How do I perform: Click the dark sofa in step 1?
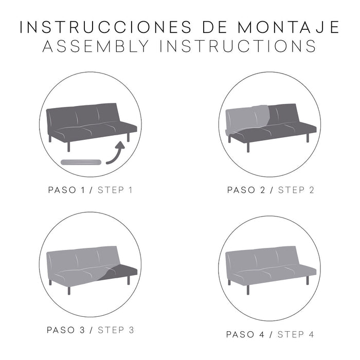(90, 121)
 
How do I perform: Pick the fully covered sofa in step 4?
(270, 265)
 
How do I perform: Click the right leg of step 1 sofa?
(128, 138)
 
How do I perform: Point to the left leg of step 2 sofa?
(248, 146)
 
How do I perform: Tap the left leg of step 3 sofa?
(50, 282)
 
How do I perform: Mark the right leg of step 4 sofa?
(307, 280)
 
